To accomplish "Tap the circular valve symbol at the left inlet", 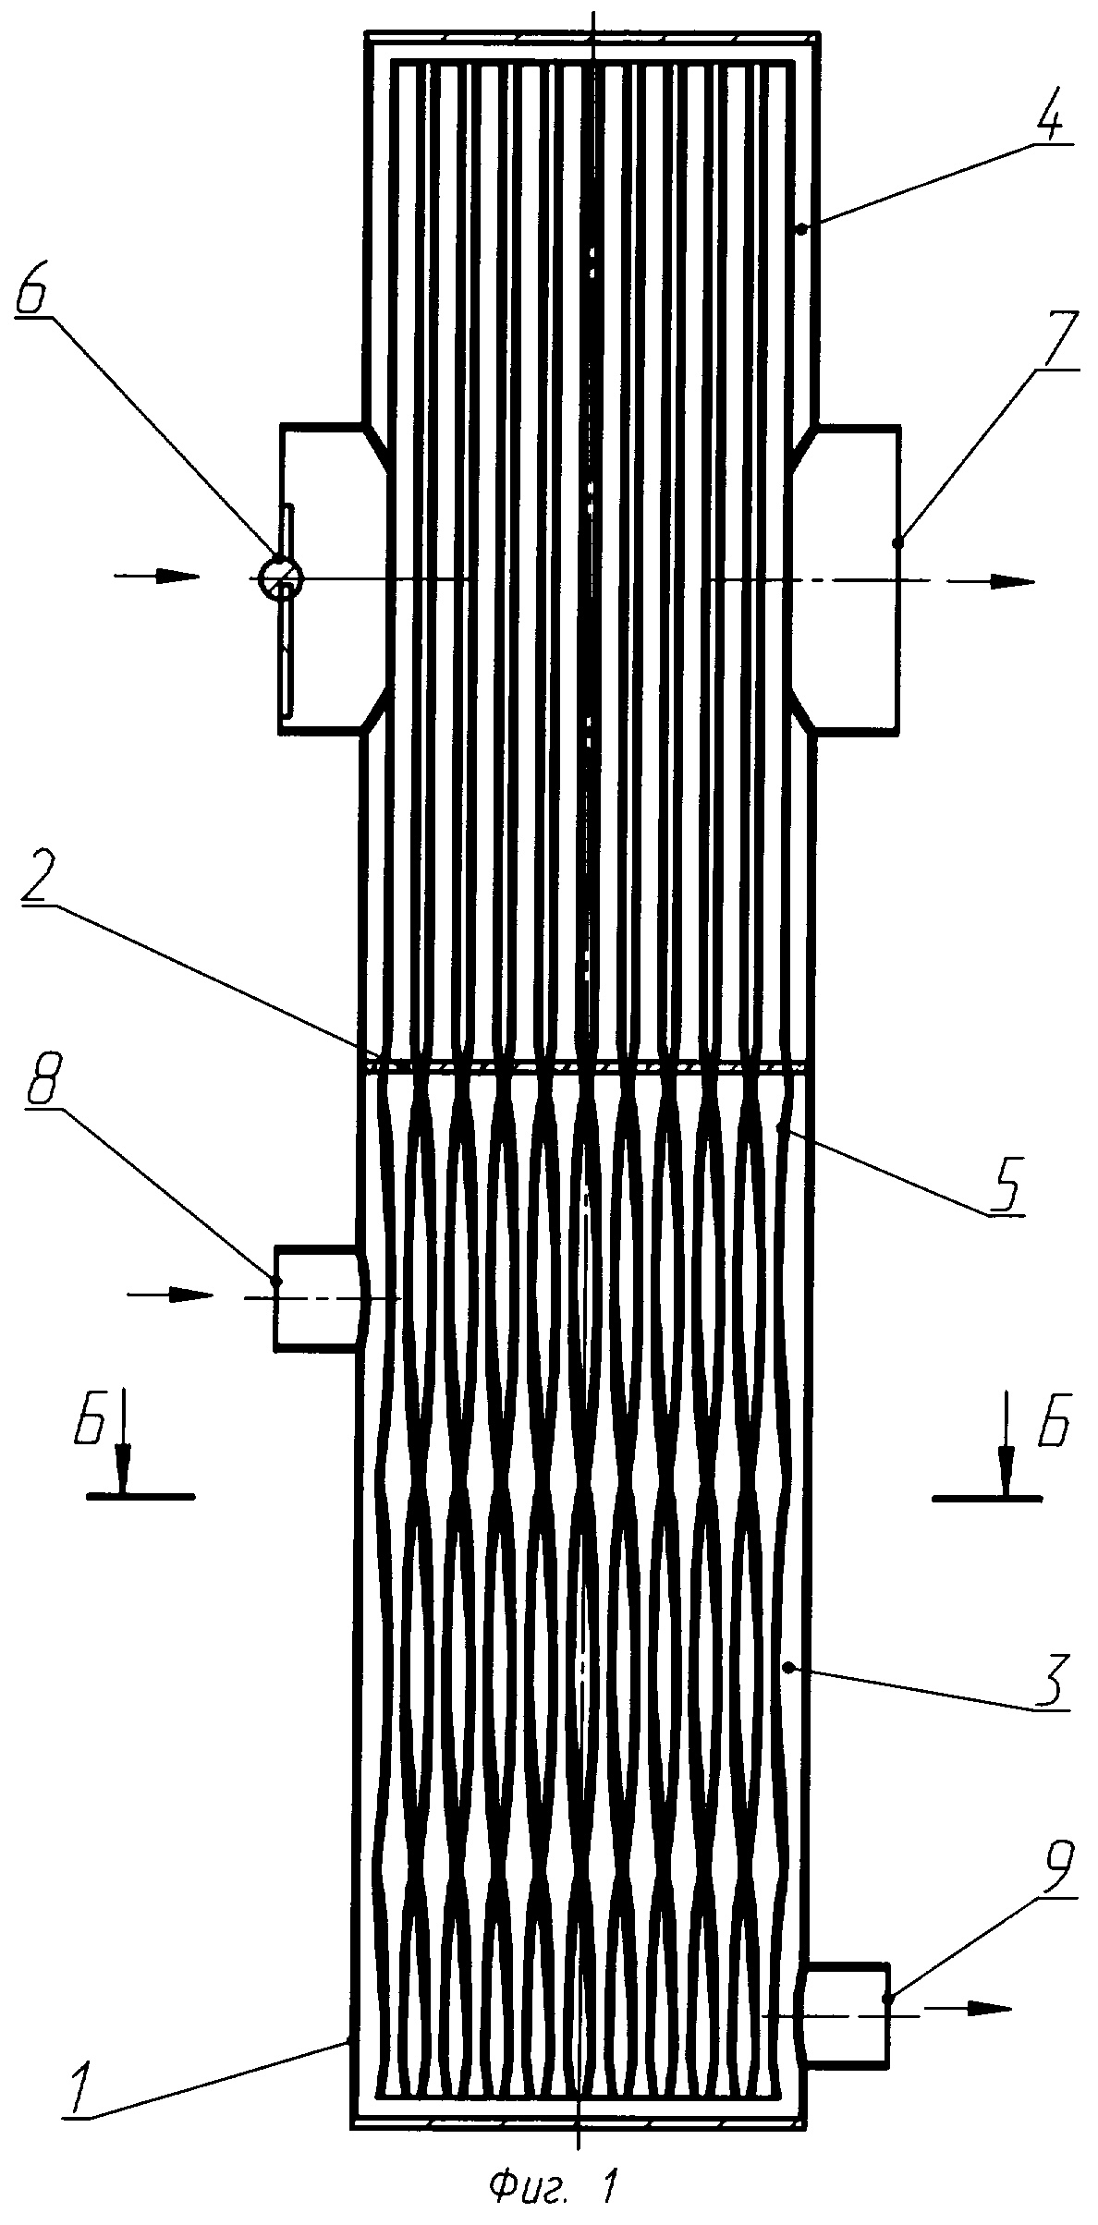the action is pos(279,578).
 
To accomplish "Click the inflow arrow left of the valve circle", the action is pos(157,577).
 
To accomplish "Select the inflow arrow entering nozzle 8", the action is pos(170,1295).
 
